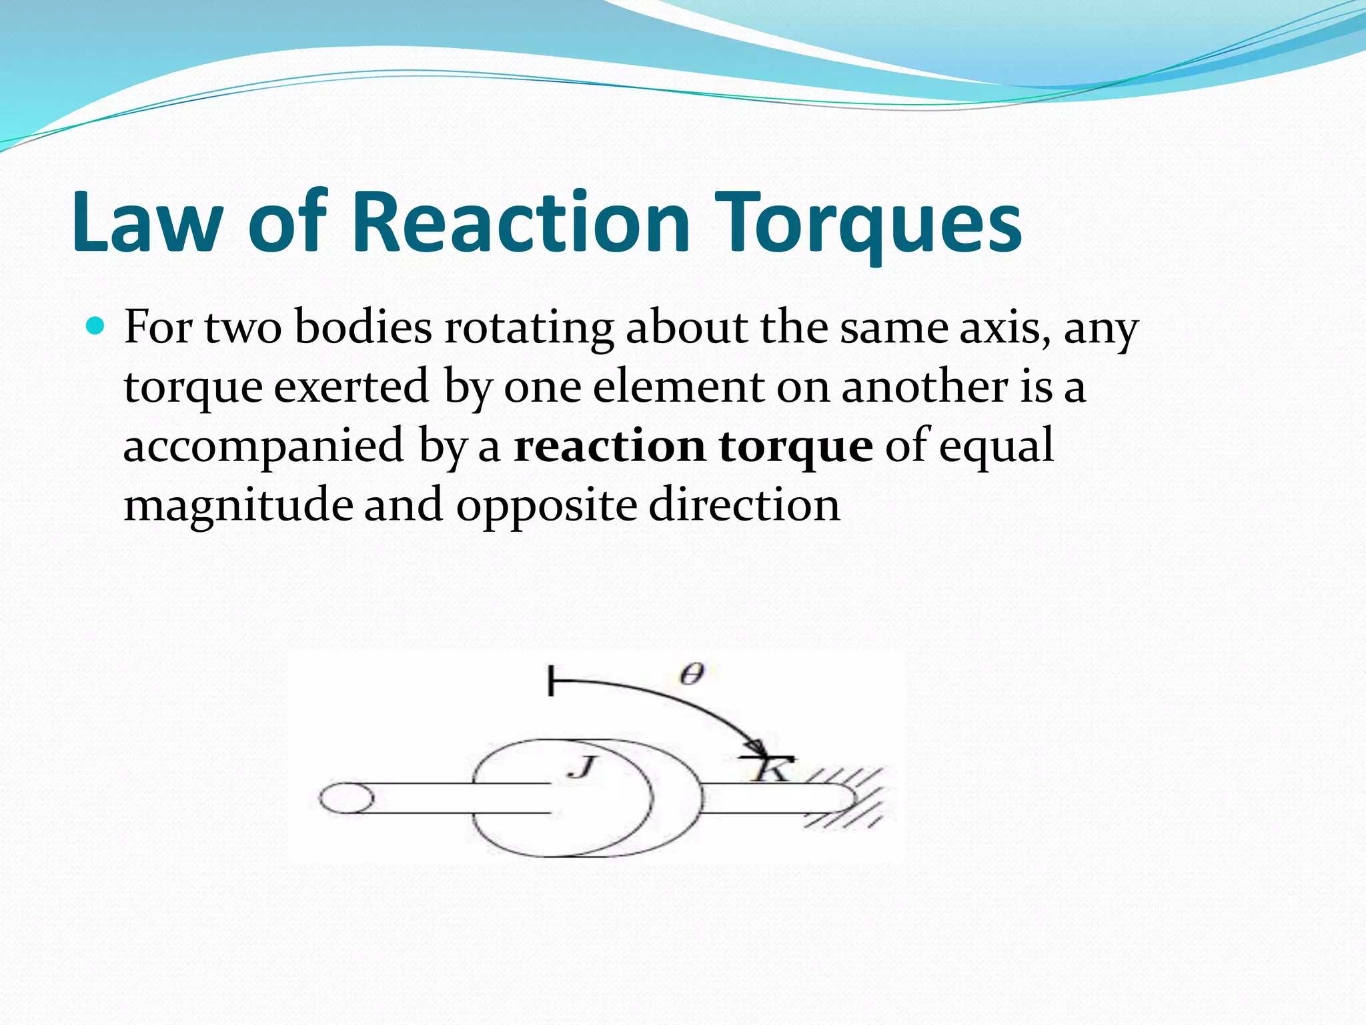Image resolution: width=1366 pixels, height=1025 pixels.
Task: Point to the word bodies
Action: click(x=364, y=328)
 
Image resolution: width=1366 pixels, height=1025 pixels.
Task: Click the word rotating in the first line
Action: click(x=529, y=328)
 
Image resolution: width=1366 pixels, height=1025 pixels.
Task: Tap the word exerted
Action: click(x=351, y=387)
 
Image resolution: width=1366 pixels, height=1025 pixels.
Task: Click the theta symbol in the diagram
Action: click(x=692, y=675)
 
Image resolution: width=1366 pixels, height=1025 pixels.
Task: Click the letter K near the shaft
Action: click(x=768, y=770)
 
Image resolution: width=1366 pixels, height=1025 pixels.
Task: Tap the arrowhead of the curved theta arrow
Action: click(x=757, y=747)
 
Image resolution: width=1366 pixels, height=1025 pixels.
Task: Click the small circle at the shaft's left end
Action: click(x=346, y=798)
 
